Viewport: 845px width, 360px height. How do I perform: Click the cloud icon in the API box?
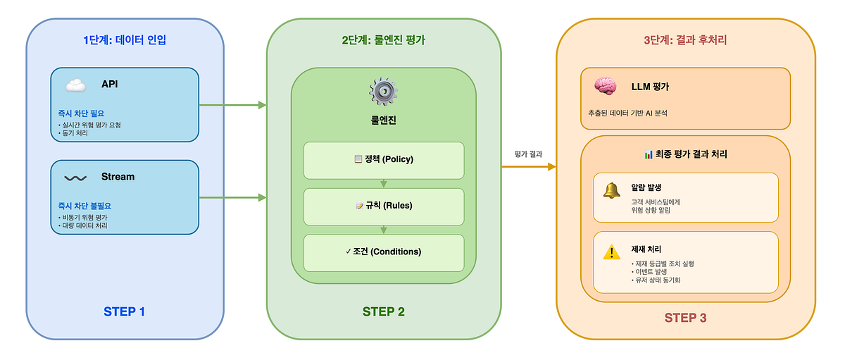tap(75, 86)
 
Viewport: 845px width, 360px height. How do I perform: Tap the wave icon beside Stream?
tap(75, 178)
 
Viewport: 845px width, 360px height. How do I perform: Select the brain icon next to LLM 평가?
tap(605, 87)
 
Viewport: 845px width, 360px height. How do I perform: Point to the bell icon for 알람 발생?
tap(611, 190)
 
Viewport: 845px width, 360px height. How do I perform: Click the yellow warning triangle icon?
tap(611, 252)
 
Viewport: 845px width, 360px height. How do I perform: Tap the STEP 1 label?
tap(124, 311)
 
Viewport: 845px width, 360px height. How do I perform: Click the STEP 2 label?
tap(383, 311)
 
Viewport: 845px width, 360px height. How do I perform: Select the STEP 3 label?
tap(685, 318)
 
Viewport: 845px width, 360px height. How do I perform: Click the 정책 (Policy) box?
tap(383, 159)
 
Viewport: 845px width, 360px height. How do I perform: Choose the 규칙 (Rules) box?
tap(383, 206)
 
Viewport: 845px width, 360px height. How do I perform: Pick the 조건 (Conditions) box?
tap(383, 252)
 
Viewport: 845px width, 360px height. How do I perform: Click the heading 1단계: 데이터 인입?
tap(124, 40)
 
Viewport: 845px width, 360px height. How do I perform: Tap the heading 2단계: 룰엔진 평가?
tap(383, 40)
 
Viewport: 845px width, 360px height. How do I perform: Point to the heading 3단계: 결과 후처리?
tap(685, 40)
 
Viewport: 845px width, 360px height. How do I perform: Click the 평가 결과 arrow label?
tap(529, 154)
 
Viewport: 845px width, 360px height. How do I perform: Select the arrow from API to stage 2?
tap(232, 106)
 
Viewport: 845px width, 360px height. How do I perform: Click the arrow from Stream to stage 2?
tap(232, 197)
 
